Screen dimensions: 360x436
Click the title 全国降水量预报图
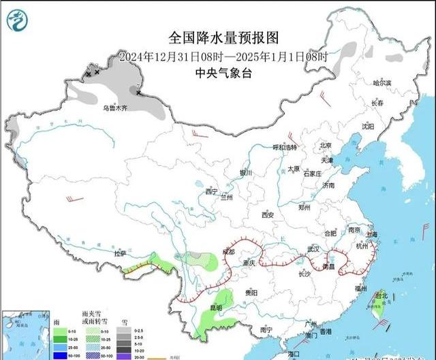click(223, 38)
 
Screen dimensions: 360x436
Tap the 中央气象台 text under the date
click(223, 73)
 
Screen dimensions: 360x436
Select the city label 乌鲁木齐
click(115, 108)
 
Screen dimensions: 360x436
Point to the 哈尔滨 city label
click(382, 82)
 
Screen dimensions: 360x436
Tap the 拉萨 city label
click(121, 254)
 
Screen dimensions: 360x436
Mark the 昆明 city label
click(216, 307)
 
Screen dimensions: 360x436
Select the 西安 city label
click(267, 215)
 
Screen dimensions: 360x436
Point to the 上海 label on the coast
click(371, 234)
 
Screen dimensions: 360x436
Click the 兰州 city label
click(227, 197)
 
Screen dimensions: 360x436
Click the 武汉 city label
click(313, 249)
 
